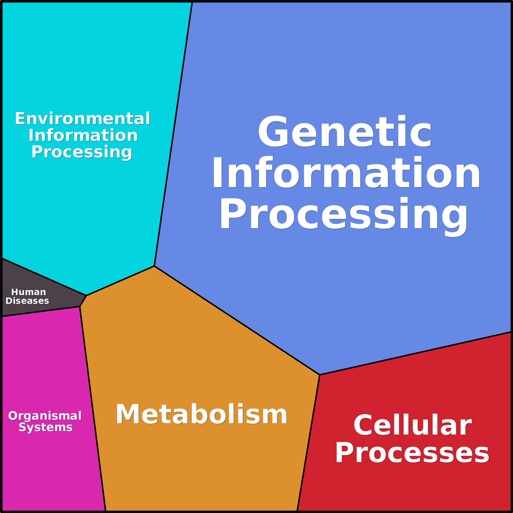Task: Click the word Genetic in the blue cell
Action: [344, 132]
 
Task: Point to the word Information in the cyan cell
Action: [83, 135]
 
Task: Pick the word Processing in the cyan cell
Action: [82, 152]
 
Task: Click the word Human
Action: [29, 292]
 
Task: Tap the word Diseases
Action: [27, 301]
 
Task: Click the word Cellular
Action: [412, 425]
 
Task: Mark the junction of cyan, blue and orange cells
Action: [154, 266]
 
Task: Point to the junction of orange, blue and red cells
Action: [320, 375]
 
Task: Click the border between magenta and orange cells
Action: [93, 409]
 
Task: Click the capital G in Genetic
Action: [273, 132]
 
